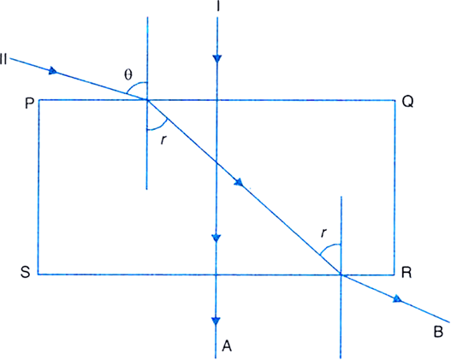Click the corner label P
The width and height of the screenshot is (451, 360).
29,103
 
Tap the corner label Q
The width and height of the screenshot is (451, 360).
407,102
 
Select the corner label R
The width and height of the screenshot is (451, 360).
406,273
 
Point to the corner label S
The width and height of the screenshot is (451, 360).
26,272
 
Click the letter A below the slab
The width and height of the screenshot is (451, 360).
227,345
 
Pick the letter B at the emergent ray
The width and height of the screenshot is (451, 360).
438,332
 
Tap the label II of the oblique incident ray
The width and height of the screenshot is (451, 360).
3,59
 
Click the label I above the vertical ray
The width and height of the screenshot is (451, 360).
218,6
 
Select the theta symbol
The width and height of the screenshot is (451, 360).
128,74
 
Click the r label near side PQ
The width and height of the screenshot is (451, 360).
163,139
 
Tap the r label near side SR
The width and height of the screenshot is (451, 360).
323,233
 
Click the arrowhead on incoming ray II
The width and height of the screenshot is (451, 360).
53,71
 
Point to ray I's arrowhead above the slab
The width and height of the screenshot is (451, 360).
217,59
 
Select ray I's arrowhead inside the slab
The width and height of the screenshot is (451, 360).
217,239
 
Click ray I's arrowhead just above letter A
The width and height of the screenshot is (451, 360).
216,321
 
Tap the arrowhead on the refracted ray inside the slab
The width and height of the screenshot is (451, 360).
240,182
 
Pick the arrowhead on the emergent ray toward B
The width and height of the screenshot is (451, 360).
398,298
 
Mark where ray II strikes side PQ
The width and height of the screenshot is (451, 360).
147,100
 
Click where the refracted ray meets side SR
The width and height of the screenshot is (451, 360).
341,274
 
